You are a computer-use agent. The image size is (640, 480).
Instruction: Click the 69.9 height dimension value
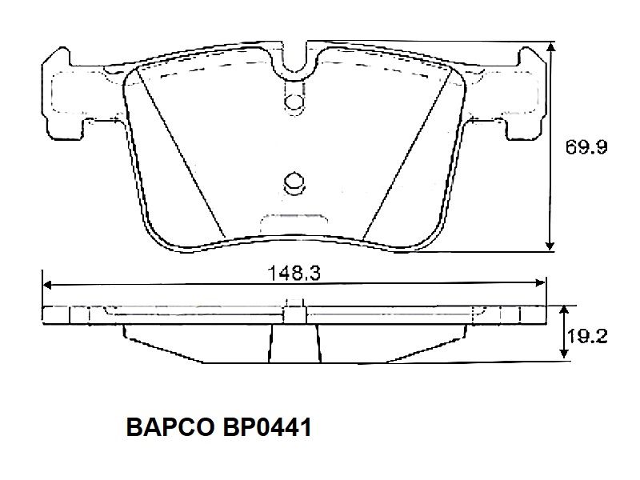(586, 147)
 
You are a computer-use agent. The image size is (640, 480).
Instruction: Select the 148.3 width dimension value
(294, 273)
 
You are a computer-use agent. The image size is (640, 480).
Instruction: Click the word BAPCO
(170, 428)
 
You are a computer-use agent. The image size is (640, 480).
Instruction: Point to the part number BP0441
(267, 428)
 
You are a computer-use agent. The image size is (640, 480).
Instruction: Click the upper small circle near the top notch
(294, 101)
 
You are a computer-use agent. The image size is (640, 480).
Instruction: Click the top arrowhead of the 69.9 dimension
(550, 48)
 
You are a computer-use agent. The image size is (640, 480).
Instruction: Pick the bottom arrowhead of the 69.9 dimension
(550, 244)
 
